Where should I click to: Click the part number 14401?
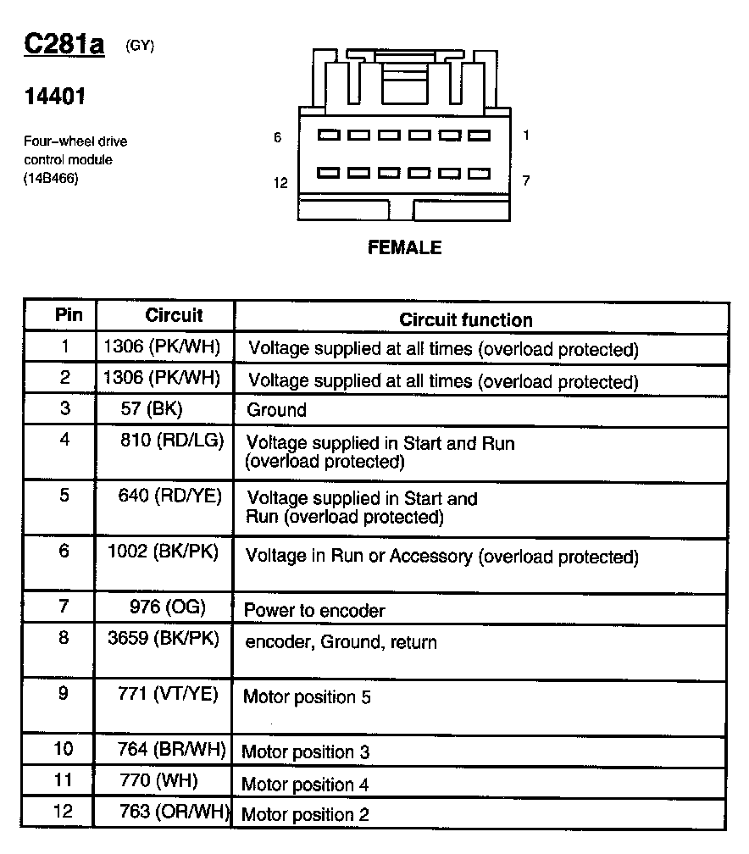(55, 97)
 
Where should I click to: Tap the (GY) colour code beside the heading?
(140, 46)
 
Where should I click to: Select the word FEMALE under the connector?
(404, 248)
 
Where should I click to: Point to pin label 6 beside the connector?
(278, 136)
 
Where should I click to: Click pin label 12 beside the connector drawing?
(280, 182)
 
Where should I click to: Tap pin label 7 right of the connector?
(526, 180)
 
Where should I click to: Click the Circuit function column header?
(466, 319)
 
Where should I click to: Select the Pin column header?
(69, 315)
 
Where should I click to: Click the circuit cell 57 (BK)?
(152, 409)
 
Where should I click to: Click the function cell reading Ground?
(276, 411)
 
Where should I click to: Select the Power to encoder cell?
(314, 610)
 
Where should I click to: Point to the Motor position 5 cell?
(307, 697)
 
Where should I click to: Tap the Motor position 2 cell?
(305, 815)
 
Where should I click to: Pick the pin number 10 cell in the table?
(64, 749)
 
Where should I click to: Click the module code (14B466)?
(50, 178)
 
